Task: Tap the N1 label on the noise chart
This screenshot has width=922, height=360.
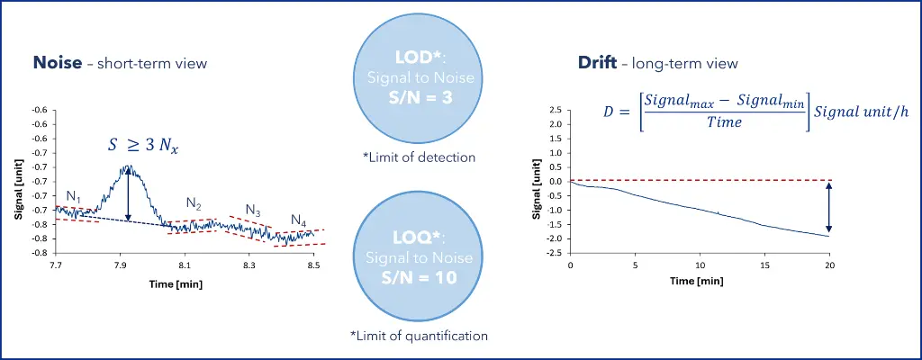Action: pyautogui.click(x=74, y=197)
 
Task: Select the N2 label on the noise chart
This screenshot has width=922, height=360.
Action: pyautogui.click(x=194, y=202)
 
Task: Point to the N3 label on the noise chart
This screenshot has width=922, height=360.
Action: pyautogui.click(x=253, y=211)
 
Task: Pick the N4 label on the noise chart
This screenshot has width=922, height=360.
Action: pyautogui.click(x=299, y=220)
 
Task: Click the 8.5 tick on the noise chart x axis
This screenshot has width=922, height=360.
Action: pyautogui.click(x=312, y=266)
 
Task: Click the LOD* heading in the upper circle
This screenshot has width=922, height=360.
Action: pyautogui.click(x=420, y=58)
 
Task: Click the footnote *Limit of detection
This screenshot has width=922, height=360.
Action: pyautogui.click(x=420, y=157)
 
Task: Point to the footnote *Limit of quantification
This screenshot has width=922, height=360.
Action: pyautogui.click(x=420, y=336)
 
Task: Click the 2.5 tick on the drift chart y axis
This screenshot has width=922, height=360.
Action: pyautogui.click(x=556, y=111)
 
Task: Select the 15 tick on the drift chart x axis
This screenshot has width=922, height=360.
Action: pyautogui.click(x=765, y=266)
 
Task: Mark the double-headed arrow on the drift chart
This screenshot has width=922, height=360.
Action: pyautogui.click(x=828, y=207)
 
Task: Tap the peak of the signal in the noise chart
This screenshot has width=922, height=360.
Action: pyautogui.click(x=129, y=167)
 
